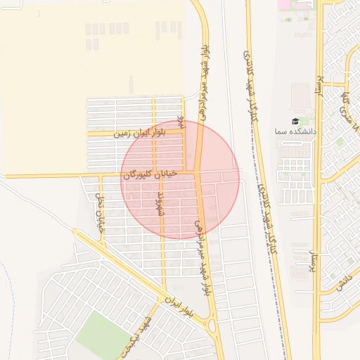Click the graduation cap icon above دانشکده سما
(x=295, y=122)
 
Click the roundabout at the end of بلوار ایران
(x=212, y=324)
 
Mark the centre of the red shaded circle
(x=180, y=179)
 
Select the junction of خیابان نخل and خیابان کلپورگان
(x=99, y=175)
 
